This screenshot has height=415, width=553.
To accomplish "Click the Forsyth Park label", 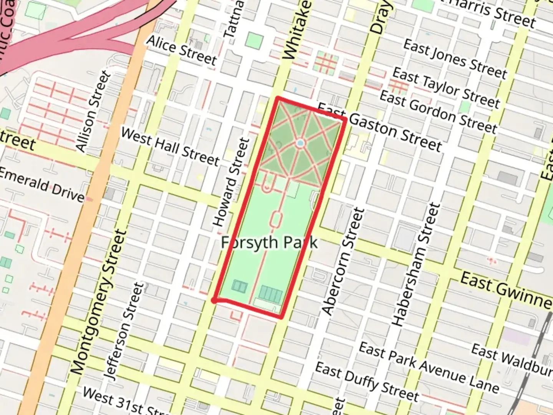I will click(270, 243).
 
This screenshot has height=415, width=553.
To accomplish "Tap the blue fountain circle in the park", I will click(300, 143).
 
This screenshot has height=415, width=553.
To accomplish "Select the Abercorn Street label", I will click(343, 261).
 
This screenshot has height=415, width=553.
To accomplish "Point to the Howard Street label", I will click(231, 182).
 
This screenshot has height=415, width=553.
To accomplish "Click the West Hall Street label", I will click(170, 146).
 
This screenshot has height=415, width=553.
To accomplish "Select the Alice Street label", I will click(182, 50).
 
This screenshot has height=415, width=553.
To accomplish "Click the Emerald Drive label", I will click(41, 185).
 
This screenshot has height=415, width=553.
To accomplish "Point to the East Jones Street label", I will click(455, 59).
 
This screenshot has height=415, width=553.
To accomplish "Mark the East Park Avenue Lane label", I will click(429, 367).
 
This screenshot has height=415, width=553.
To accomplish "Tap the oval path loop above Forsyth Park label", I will click(276, 219).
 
